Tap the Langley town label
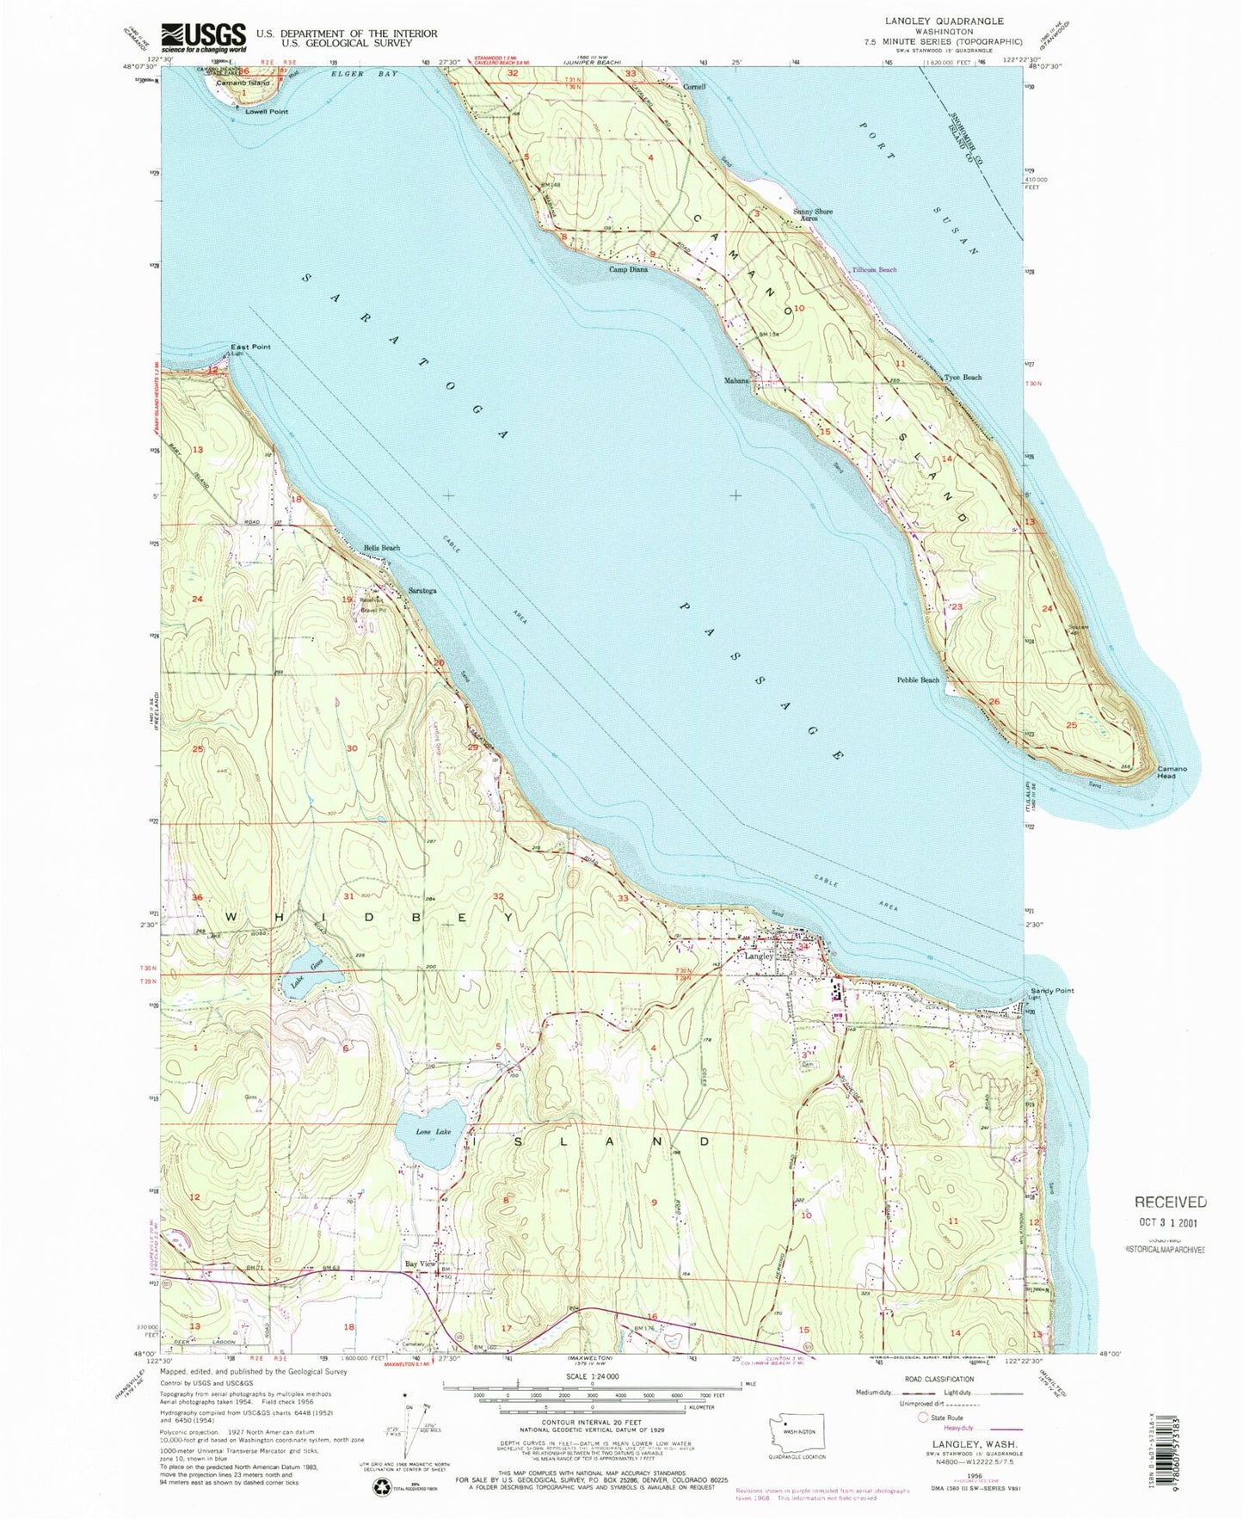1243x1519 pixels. tap(759, 956)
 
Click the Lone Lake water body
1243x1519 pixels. tap(429, 1141)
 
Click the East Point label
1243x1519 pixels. tap(249, 347)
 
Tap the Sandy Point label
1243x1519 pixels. tap(1052, 990)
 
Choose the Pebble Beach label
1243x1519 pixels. tap(919, 680)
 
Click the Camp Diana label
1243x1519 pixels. tap(628, 269)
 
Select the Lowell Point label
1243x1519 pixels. tap(267, 112)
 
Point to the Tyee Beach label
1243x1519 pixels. tap(963, 378)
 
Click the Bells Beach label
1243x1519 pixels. tap(381, 547)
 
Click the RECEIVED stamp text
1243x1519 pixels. tap(1169, 1202)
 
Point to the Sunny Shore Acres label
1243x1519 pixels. tap(812, 215)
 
